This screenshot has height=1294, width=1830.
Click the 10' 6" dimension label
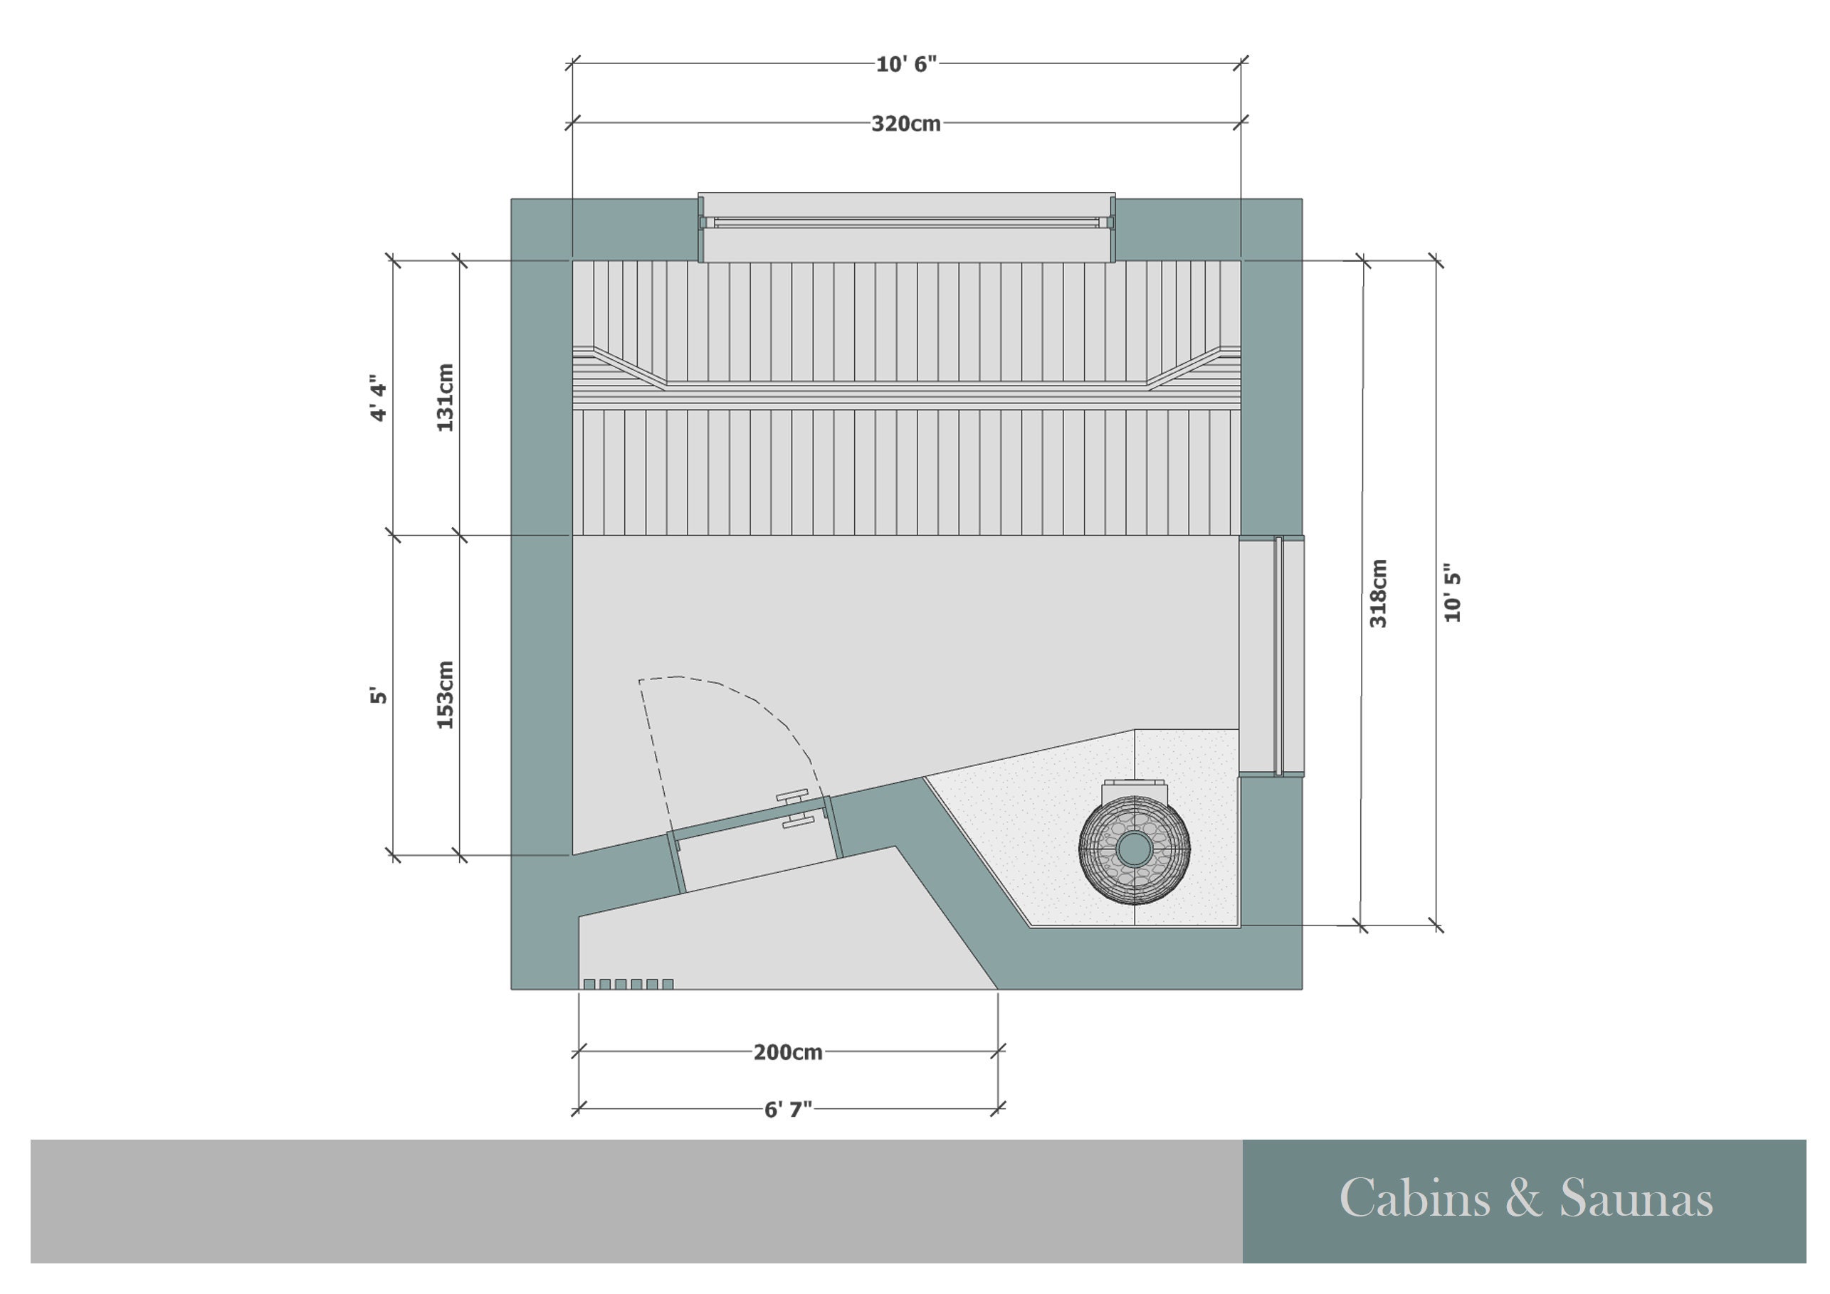tap(906, 65)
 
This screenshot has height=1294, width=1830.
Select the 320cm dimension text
tap(906, 124)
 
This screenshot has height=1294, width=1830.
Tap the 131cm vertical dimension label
tap(446, 398)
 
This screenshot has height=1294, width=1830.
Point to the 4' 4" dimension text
tap(379, 398)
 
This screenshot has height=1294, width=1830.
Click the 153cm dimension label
tap(446, 695)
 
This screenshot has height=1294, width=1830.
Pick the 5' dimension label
tap(379, 695)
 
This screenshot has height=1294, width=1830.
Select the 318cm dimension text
tap(1379, 593)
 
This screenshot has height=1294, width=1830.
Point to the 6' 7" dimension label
tap(787, 1110)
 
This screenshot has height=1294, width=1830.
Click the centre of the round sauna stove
tap(1134, 849)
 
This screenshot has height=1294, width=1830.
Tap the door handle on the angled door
tap(797, 809)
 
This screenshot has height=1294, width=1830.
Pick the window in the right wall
tap(1277, 656)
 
